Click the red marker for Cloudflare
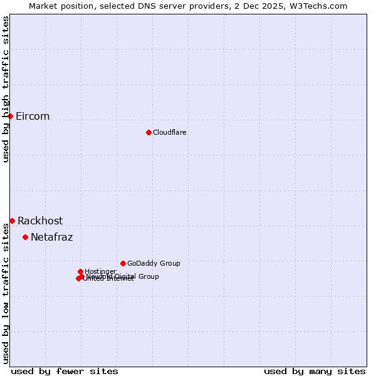149,132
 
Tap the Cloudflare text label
170,132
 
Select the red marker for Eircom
10,116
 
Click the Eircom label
33,117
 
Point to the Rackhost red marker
12,221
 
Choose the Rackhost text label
40,221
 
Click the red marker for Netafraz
25,237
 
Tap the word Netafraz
51,238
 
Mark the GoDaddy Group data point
123,263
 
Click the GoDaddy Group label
154,263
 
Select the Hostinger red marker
80,271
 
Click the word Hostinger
100,271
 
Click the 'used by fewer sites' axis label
65,371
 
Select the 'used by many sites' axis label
315,371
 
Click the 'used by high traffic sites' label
6,89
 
